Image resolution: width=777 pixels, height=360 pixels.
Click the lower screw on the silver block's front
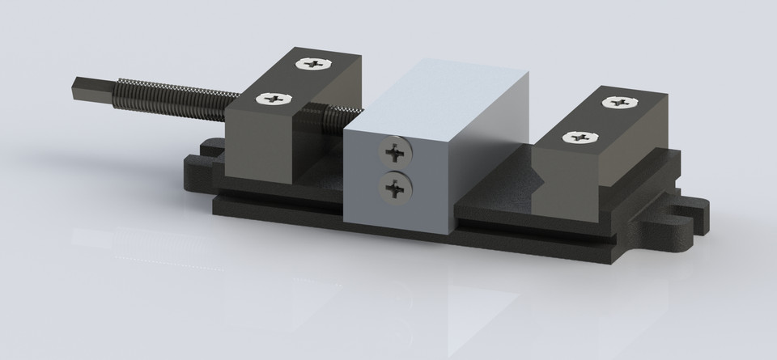394,188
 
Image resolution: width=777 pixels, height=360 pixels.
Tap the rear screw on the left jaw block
312,62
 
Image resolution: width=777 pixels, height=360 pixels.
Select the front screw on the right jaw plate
580,138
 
